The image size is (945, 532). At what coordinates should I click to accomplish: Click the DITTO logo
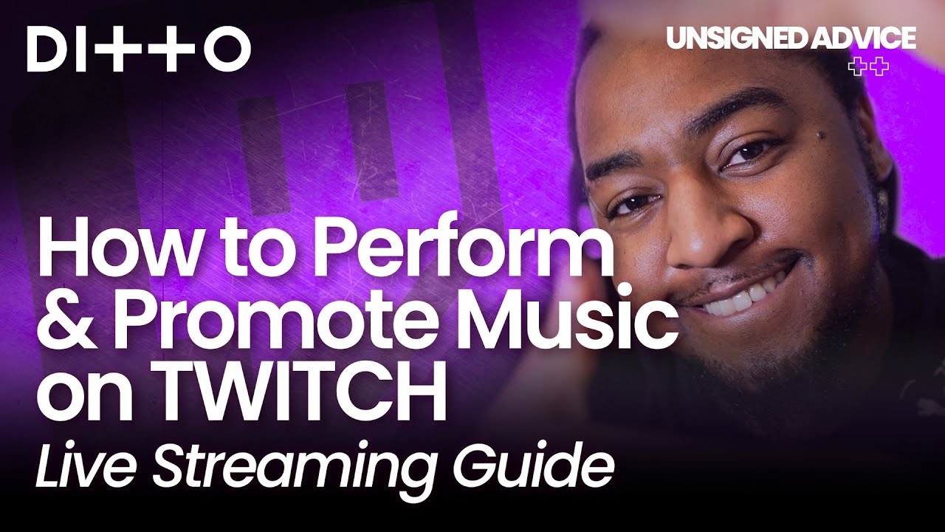pos(139,49)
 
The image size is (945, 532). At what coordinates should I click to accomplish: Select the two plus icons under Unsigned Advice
pos(868,67)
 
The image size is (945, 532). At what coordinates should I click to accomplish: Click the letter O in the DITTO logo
pos(224,49)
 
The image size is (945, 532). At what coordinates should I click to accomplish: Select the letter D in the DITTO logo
pos(51,49)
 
